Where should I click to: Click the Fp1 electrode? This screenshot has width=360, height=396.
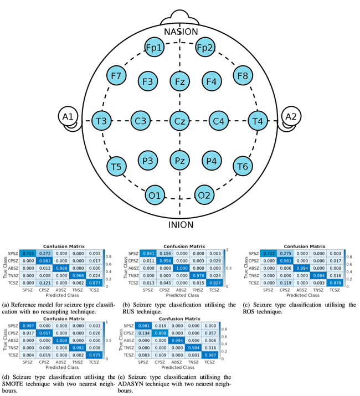155,48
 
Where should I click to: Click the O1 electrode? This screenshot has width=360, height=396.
155,194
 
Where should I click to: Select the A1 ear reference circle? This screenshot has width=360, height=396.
68,117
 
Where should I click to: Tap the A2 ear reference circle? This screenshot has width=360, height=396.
291,117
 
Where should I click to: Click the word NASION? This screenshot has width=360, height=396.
180,32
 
